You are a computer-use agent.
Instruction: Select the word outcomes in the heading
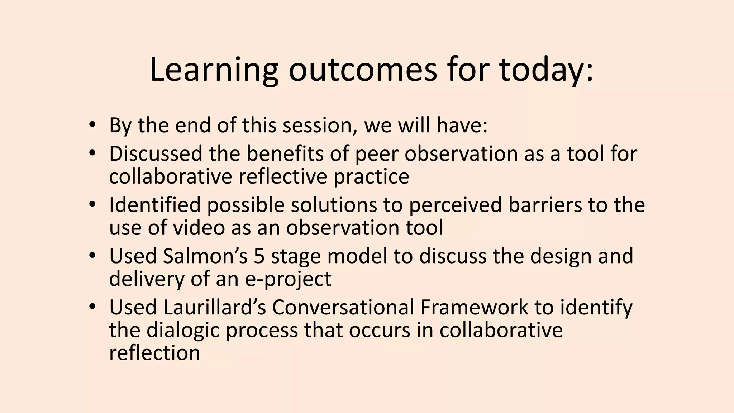[363, 70]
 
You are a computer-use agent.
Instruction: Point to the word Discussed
[156, 154]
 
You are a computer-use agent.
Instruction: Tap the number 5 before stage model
[259, 256]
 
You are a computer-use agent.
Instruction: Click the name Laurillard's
[214, 308]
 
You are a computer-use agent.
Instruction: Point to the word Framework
[474, 308]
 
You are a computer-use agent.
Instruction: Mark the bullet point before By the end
[92, 125]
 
